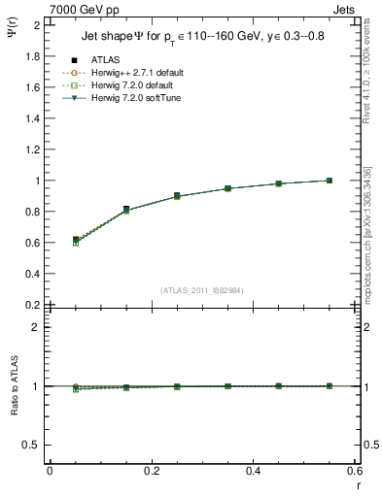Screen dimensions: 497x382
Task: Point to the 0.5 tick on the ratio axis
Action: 34,445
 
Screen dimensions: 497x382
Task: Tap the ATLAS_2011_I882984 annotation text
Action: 201,290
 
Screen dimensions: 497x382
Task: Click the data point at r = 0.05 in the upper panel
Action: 76,240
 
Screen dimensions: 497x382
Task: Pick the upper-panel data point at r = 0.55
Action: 330,181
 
